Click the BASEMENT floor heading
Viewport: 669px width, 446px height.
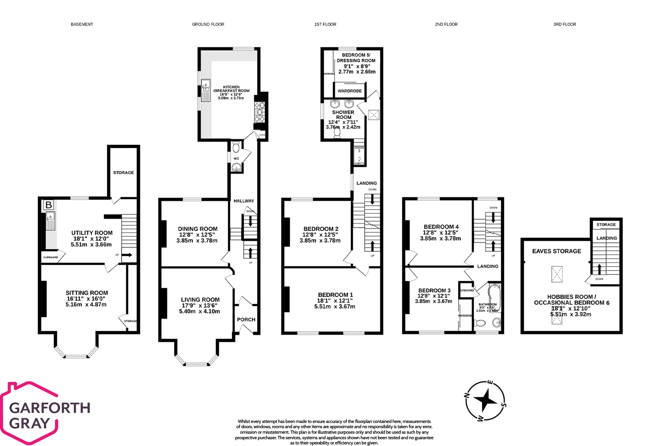click(82, 24)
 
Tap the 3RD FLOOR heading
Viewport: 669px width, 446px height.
click(565, 24)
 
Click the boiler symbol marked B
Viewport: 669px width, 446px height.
click(48, 205)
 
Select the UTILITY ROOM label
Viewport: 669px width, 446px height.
click(92, 233)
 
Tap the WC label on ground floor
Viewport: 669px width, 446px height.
click(236, 159)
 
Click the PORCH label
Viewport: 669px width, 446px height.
click(246, 319)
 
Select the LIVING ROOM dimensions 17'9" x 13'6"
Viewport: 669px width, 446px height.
click(200, 305)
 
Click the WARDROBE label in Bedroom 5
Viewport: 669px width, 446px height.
click(350, 91)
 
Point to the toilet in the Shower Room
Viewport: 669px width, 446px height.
click(337, 133)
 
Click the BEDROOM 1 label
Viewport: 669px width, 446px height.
click(335, 295)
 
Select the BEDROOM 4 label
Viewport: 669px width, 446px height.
click(441, 227)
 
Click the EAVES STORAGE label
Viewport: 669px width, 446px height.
click(556, 251)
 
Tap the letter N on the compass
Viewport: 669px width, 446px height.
click(467, 396)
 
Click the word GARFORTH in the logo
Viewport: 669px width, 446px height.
click(50, 408)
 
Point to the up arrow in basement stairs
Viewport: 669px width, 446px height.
click(127, 255)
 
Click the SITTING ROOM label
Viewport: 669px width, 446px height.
click(87, 293)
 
